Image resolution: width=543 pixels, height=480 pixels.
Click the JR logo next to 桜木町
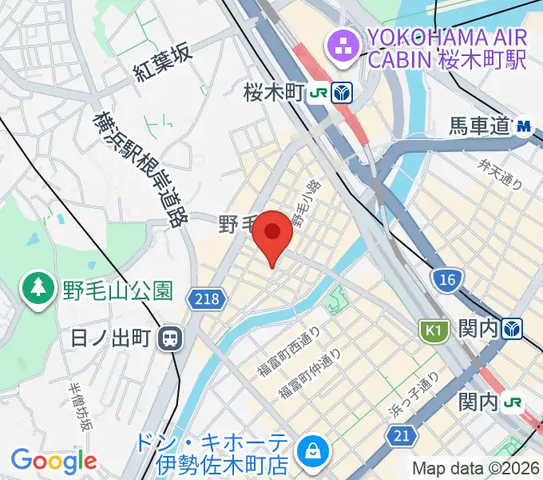pyautogui.click(x=319, y=93)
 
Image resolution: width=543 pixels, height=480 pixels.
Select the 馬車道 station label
pyautogui.click(x=479, y=126)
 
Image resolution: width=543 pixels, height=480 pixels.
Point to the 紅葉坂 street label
pyautogui.click(x=164, y=63)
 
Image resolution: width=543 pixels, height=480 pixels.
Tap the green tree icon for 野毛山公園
pyautogui.click(x=38, y=289)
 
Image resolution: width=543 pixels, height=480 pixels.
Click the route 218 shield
pyautogui.click(x=204, y=299)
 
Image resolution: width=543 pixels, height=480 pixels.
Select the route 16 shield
pyautogui.click(x=445, y=278)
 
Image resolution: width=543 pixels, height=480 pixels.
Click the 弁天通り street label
pyautogui.click(x=500, y=174)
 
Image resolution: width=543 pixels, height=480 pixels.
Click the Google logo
pyautogui.click(x=54, y=461)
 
